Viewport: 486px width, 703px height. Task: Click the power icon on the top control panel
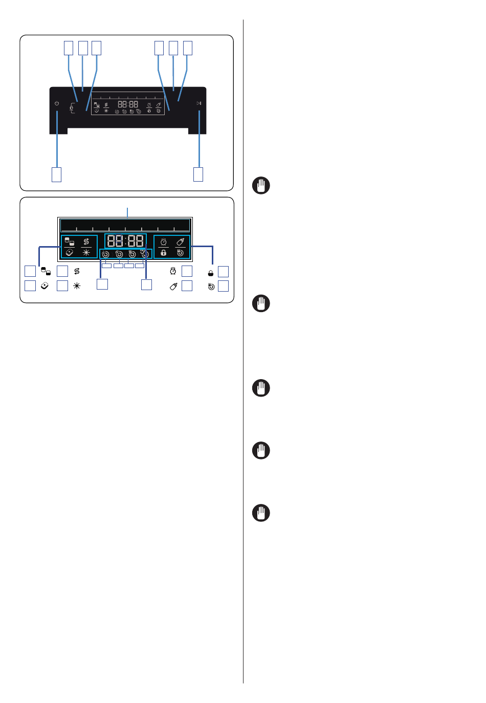(57, 104)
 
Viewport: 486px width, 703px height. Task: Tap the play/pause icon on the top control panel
(199, 103)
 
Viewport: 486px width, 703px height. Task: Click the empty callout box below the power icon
(56, 174)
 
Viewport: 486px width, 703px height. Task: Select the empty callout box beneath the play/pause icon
(198, 174)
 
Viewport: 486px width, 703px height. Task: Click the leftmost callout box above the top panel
(68, 48)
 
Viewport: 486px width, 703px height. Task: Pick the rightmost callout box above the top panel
(187, 48)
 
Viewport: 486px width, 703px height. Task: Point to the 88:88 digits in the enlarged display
(126, 241)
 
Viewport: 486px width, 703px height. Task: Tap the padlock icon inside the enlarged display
(164, 253)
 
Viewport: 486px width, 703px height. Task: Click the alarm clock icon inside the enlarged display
(164, 241)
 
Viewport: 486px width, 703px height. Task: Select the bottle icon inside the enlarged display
(180, 241)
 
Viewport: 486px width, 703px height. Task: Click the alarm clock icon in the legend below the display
(173, 271)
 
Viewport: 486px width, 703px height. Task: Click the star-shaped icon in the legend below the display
(77, 286)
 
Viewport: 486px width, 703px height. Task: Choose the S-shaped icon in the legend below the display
(77, 271)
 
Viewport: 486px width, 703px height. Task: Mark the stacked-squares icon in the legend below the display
(46, 271)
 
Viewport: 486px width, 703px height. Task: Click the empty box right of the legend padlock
(223, 272)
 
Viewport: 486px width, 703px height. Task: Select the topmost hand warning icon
(261, 185)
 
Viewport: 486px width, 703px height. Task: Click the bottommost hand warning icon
(261, 513)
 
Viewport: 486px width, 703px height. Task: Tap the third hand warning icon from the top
(261, 388)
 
